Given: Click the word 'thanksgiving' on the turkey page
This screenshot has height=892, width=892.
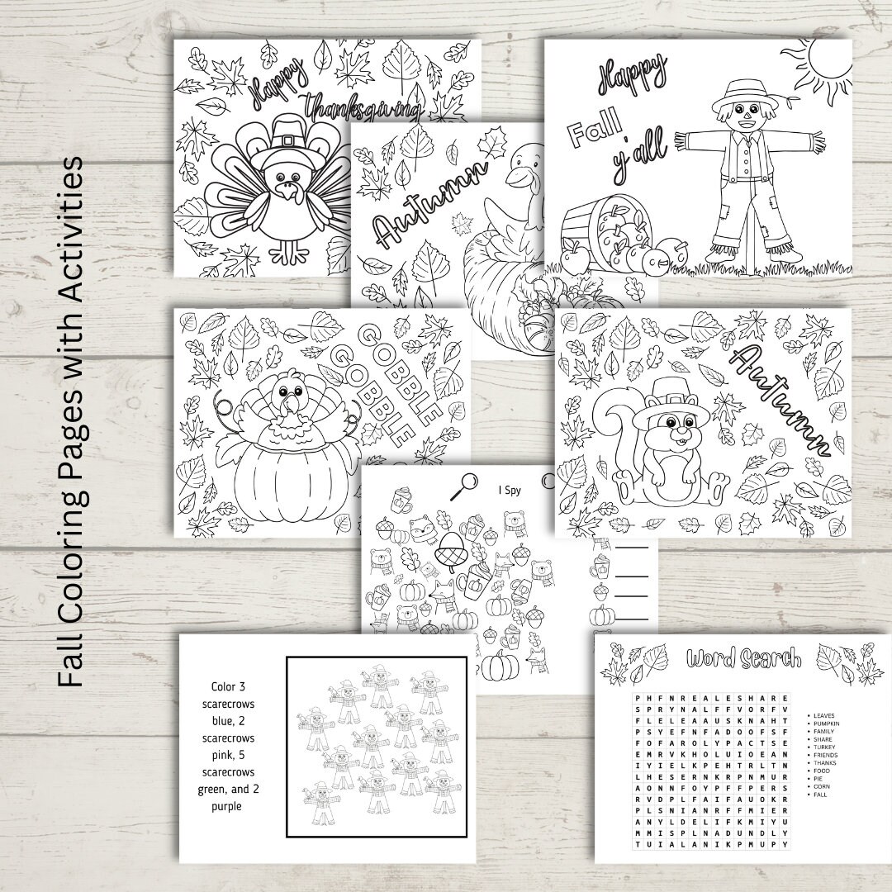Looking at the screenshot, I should point(363,107).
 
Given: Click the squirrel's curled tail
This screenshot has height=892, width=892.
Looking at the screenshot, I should point(615,429).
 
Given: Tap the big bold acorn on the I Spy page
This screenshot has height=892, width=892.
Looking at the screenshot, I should point(453,567).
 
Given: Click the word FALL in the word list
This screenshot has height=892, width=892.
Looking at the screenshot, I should point(820,795).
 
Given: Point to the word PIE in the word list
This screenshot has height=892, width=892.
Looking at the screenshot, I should point(818,778).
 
